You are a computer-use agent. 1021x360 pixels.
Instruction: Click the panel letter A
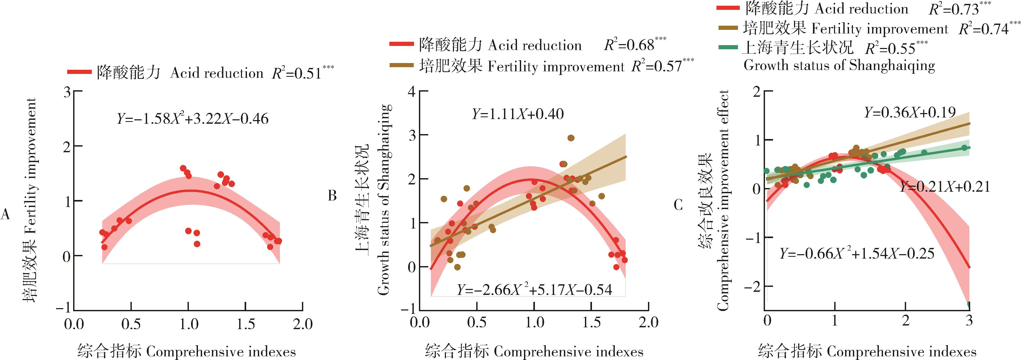[5, 214]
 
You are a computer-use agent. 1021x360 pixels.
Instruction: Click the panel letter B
[332, 196]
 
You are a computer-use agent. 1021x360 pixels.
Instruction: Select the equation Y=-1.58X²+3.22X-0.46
[193, 119]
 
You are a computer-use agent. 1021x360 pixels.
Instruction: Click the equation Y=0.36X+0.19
[909, 113]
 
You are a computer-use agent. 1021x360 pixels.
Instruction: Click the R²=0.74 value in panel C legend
[989, 29]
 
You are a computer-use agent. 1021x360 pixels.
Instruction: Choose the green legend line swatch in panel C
[729, 48]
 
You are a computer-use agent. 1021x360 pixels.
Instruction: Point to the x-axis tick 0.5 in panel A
[131, 324]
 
